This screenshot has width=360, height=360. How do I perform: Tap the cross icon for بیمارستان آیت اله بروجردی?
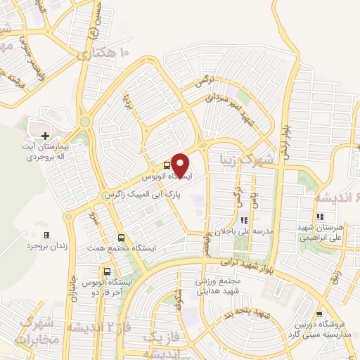[46, 135]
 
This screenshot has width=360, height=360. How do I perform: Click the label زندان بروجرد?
[46, 246]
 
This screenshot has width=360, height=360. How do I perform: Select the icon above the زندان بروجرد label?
[46, 235]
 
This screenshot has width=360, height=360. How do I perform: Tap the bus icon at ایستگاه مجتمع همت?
[122, 238]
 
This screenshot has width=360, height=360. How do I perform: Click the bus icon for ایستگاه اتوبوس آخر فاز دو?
[107, 271]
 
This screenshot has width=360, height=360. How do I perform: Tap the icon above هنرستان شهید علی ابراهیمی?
[319, 217]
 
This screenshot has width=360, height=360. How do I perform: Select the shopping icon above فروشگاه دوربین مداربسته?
[320, 314]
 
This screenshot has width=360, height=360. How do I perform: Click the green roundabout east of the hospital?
[85, 122]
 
